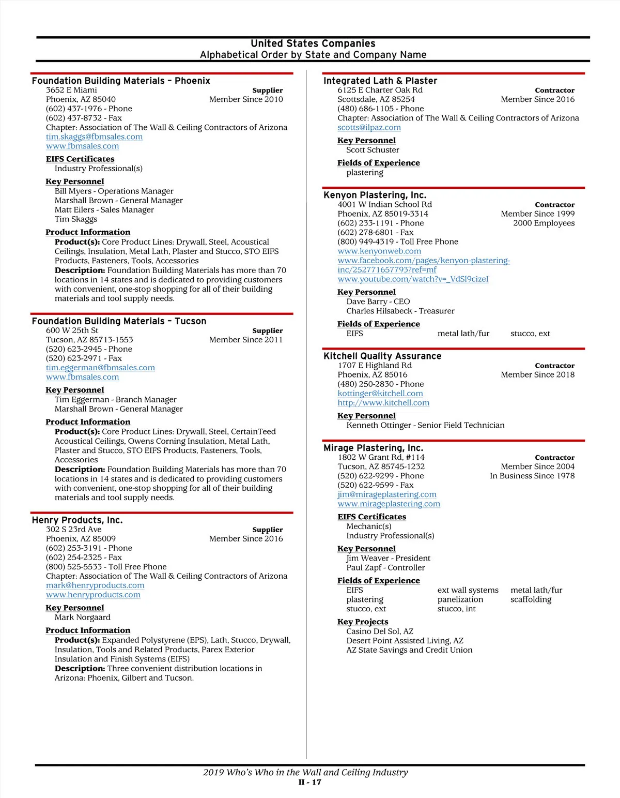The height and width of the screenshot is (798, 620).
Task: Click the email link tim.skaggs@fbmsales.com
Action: (94, 137)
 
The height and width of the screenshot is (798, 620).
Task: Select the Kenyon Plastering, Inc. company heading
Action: (375, 195)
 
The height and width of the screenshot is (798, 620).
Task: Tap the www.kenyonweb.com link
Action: (379, 251)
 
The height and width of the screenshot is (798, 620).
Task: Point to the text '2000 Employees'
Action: (544, 223)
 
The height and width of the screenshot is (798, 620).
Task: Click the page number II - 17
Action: (309, 782)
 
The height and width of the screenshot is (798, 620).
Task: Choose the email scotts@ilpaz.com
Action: (369, 127)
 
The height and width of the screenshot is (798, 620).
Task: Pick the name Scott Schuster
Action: (373, 150)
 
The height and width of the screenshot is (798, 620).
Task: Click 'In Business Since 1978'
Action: (532, 476)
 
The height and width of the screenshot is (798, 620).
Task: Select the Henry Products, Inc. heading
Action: (77, 520)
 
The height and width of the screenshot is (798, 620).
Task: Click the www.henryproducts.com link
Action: (93, 595)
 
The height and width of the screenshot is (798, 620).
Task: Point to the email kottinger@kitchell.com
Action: (380, 394)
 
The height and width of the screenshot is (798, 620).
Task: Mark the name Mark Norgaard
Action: (83, 618)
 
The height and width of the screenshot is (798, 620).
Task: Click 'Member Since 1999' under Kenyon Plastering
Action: (537, 214)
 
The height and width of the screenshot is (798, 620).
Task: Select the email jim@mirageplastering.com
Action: (387, 494)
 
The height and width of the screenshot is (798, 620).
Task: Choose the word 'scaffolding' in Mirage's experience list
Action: (531, 599)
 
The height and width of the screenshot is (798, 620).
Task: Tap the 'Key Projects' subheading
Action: (363, 622)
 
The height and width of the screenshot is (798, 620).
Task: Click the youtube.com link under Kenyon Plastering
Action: (413, 279)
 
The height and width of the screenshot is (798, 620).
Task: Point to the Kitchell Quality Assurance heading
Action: (382, 356)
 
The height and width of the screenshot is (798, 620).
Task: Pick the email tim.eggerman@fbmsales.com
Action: (100, 368)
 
